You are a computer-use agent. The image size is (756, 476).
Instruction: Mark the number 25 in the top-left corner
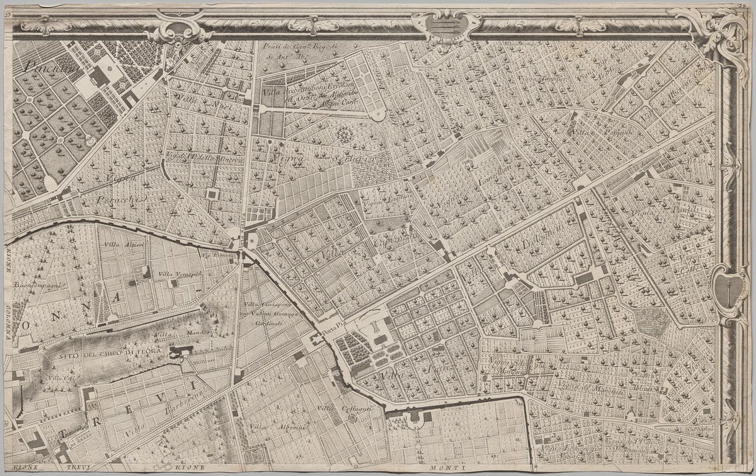(x=7, y=7)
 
